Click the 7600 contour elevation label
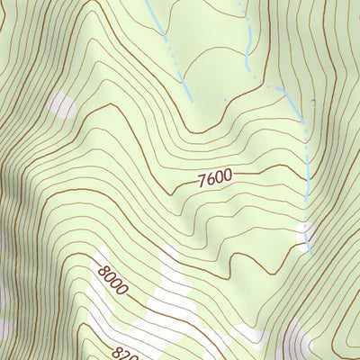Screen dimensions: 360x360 [215, 177]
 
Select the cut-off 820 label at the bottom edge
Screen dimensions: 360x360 [124, 353]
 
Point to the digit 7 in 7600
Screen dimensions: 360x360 [202, 181]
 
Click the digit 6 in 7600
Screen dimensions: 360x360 [211, 178]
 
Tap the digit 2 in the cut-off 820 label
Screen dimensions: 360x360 [125, 353]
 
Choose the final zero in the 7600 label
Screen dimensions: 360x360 [229, 175]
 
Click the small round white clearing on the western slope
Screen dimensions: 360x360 [62, 106]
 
